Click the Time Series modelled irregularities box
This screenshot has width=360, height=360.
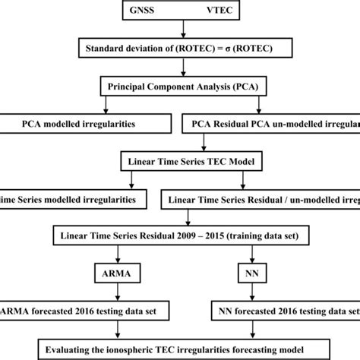pyautogui.click(x=72, y=198)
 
